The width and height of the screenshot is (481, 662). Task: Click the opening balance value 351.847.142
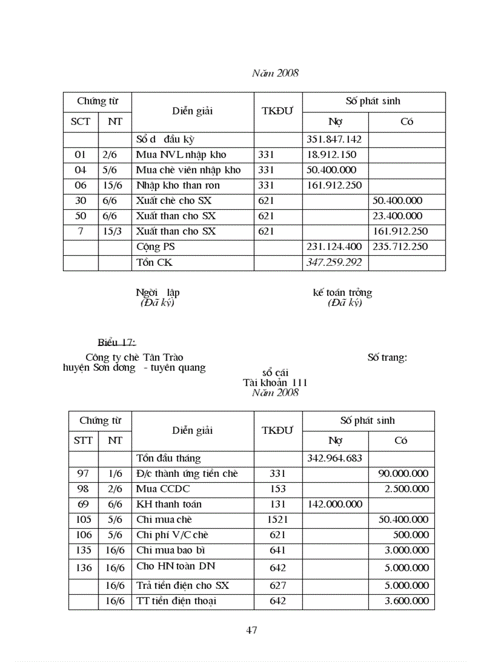(x=334, y=140)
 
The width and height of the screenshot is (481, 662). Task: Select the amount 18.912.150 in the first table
(x=331, y=155)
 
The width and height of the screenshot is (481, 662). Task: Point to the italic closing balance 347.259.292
(x=334, y=262)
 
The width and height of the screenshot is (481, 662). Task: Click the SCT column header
(x=81, y=121)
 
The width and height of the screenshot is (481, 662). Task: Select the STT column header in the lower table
(x=83, y=440)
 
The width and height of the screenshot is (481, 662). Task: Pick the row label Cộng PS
(x=156, y=247)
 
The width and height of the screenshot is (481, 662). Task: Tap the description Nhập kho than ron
(x=177, y=186)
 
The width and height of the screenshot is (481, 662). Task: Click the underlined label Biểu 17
(x=117, y=342)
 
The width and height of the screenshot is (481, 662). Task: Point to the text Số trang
(x=387, y=357)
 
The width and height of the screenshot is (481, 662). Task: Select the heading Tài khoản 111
(x=275, y=383)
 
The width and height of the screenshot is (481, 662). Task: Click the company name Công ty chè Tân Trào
(x=134, y=357)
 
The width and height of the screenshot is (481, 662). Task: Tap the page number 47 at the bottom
(x=252, y=630)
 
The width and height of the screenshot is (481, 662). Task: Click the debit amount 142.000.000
(x=334, y=504)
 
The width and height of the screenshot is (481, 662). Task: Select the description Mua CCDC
(x=163, y=489)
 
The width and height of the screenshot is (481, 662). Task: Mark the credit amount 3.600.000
(x=406, y=601)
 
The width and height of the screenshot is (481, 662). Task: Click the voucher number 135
(x=84, y=550)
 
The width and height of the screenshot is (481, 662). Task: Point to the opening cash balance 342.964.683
(x=334, y=458)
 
